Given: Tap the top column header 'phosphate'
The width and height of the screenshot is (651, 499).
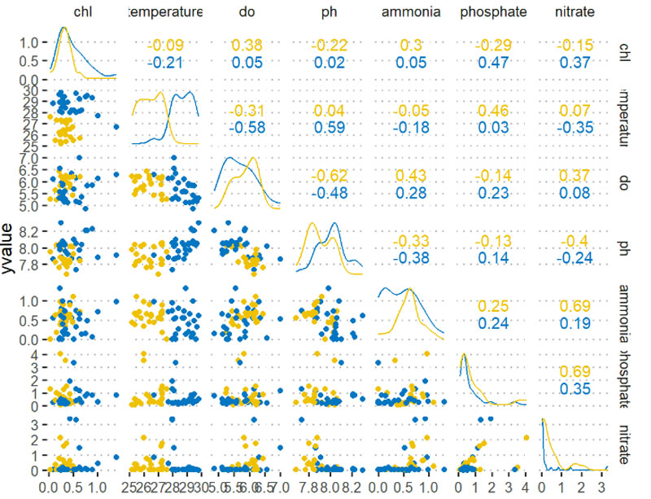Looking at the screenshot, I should point(493,13).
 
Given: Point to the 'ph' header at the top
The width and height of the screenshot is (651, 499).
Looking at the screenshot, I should point(327,13).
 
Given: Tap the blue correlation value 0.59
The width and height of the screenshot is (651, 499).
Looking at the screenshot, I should point(327,127).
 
